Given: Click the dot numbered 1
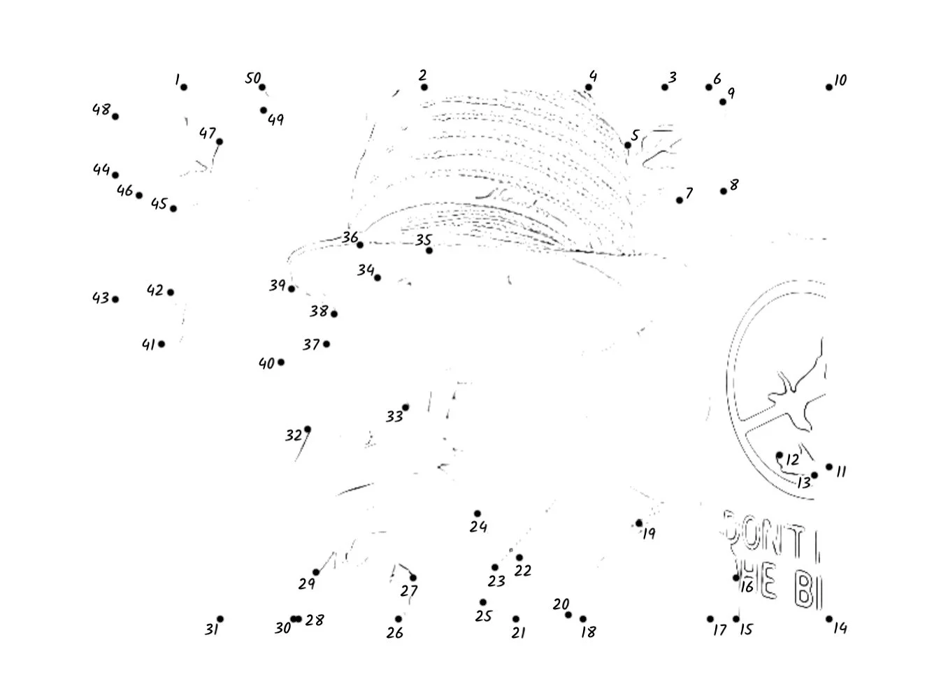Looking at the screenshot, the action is click(184, 87).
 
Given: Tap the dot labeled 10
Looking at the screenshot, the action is click(829, 87).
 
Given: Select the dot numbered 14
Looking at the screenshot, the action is click(829, 619).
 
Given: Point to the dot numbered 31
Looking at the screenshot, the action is click(220, 619).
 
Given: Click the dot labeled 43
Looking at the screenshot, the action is click(115, 300).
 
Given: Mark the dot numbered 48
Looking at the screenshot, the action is click(115, 117).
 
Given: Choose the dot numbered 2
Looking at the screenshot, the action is click(424, 87).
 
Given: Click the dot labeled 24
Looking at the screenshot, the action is click(477, 514).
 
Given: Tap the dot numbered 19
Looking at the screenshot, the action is click(639, 523).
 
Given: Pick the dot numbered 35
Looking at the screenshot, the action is click(429, 250).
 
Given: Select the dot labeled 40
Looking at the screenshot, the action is click(281, 362).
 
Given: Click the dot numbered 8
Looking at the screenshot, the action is click(724, 191).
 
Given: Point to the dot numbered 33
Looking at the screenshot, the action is click(405, 407).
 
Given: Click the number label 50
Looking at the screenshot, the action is click(252, 78).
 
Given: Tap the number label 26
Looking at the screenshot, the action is click(395, 633).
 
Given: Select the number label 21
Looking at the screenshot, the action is click(518, 633).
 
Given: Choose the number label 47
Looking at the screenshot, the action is click(207, 133).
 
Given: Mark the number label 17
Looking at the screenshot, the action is click(719, 631).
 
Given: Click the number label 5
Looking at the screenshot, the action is click(635, 135).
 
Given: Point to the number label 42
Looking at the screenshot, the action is click(155, 290).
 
